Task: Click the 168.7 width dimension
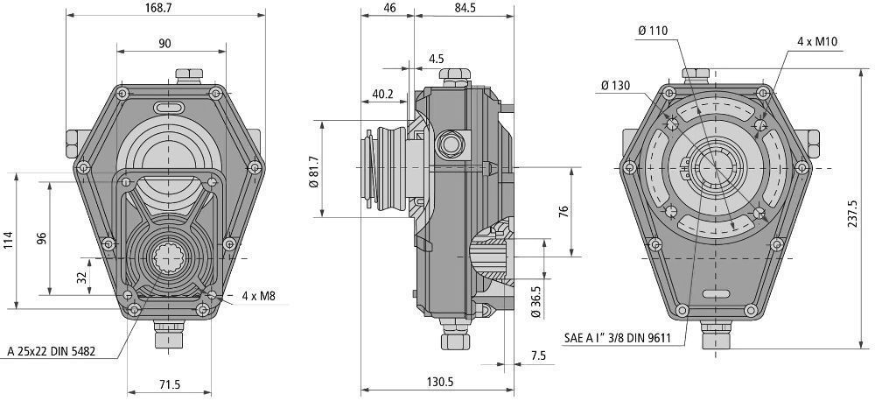pyautogui.click(x=164, y=7)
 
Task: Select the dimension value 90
pyautogui.click(x=164, y=43)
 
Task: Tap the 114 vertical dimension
pyautogui.click(x=9, y=239)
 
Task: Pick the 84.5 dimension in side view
pyautogui.click(x=464, y=7)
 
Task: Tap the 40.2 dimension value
pyautogui.click(x=382, y=93)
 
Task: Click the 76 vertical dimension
pyautogui.click(x=563, y=211)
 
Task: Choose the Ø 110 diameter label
pyautogui.click(x=653, y=31)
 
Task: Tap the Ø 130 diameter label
pyautogui.click(x=617, y=85)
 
